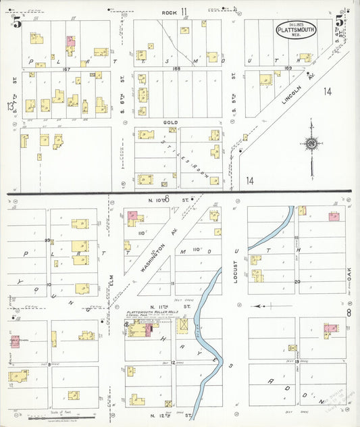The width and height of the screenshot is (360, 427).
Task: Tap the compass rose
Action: coord(311,144)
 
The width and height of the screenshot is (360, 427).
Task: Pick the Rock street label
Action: coord(169,13)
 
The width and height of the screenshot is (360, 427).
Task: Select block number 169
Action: coord(290,68)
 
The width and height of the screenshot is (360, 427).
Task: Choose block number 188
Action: coord(177,68)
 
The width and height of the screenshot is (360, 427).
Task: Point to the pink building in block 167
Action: coord(70,42)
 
